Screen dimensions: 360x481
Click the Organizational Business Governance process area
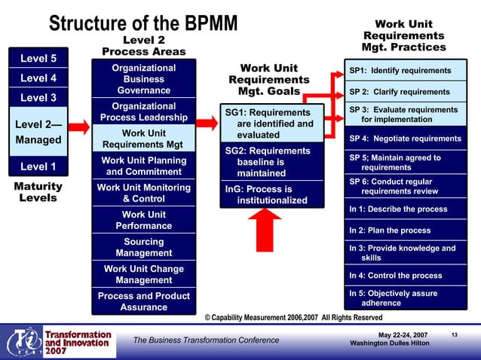click(x=143, y=79)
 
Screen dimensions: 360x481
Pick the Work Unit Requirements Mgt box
click(x=143, y=139)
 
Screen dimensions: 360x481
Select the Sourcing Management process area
click(x=143, y=248)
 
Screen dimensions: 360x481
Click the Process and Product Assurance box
click(x=143, y=301)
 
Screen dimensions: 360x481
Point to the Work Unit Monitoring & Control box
click(x=143, y=194)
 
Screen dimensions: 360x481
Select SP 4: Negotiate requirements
click(x=404, y=139)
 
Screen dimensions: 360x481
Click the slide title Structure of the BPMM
click(x=143, y=23)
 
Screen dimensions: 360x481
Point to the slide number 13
click(x=454, y=334)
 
